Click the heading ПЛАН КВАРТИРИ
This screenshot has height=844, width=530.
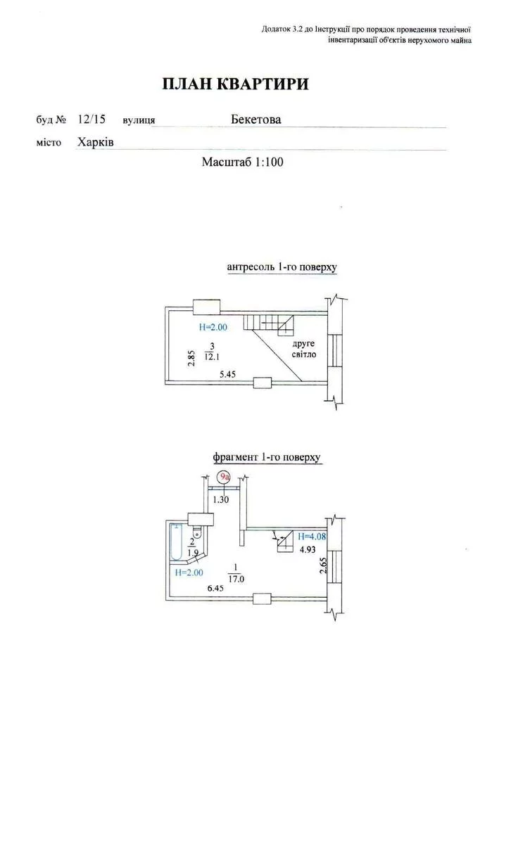235,84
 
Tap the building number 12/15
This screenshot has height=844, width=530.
92,119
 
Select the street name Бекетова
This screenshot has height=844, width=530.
255,120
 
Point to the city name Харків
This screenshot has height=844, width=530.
96,142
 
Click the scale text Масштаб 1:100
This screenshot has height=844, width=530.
242,162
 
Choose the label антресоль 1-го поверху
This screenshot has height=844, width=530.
282,267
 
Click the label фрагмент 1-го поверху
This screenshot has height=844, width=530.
267,457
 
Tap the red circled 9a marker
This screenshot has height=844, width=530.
225,478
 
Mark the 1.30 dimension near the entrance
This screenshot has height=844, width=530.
222,499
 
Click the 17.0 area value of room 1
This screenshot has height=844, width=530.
237,581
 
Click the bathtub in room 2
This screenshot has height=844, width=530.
176,542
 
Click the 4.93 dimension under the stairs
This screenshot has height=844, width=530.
308,551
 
